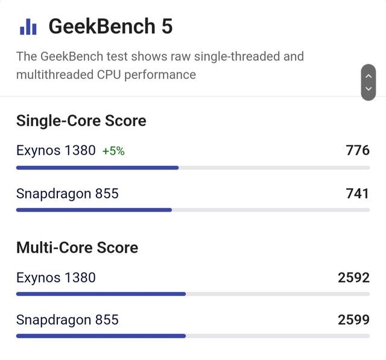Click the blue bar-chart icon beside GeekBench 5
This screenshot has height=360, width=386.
(x=28, y=27)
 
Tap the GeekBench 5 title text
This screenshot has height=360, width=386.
(x=110, y=27)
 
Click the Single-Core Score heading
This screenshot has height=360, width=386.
(x=81, y=121)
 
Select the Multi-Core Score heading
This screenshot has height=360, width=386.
(x=77, y=247)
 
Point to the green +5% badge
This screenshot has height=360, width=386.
(x=113, y=151)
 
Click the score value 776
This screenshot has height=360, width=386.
(x=358, y=150)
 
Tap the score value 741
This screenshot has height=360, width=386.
(x=358, y=194)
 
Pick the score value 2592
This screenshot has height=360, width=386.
(x=353, y=277)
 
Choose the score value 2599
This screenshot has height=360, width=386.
(x=353, y=320)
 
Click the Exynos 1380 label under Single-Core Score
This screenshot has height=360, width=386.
(x=55, y=151)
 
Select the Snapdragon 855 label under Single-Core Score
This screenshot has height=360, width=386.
(x=67, y=194)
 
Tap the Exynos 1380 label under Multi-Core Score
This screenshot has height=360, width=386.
(x=55, y=277)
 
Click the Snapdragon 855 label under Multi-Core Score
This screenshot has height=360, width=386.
(x=67, y=320)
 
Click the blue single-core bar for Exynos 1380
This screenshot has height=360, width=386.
(x=97, y=168)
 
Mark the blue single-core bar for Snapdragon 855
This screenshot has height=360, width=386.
(x=93, y=210)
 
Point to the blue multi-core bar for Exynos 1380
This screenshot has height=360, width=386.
(x=101, y=294)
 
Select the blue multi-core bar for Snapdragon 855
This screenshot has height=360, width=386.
(x=101, y=336)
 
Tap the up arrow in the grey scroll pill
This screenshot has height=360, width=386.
(x=368, y=75)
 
